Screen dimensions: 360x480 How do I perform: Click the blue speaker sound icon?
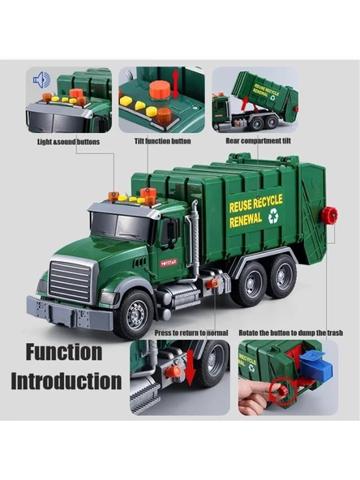(x=41, y=80)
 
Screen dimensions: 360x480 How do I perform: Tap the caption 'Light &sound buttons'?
(x=69, y=142)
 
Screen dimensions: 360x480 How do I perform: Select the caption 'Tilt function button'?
(x=162, y=141)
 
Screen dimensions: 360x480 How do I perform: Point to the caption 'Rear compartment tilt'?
(x=258, y=141)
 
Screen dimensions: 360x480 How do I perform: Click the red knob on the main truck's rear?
(x=329, y=215)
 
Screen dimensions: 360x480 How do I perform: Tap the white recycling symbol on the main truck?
(x=274, y=216)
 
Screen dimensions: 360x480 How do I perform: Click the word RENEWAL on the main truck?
(x=246, y=220)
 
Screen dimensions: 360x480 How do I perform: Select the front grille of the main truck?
(x=70, y=281)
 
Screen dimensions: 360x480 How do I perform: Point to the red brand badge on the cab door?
(x=169, y=263)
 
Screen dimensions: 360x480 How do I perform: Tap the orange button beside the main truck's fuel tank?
(x=212, y=284)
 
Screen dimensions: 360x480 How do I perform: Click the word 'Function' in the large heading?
(x=64, y=352)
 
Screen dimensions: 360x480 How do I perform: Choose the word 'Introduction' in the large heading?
(x=66, y=381)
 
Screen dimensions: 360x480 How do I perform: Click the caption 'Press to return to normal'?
(x=191, y=332)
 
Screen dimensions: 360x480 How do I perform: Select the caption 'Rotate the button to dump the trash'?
(x=290, y=332)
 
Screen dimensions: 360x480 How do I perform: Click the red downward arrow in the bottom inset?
(x=190, y=367)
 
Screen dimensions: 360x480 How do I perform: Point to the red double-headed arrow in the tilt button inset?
(x=175, y=84)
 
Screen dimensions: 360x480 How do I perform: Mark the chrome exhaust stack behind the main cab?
(x=195, y=234)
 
